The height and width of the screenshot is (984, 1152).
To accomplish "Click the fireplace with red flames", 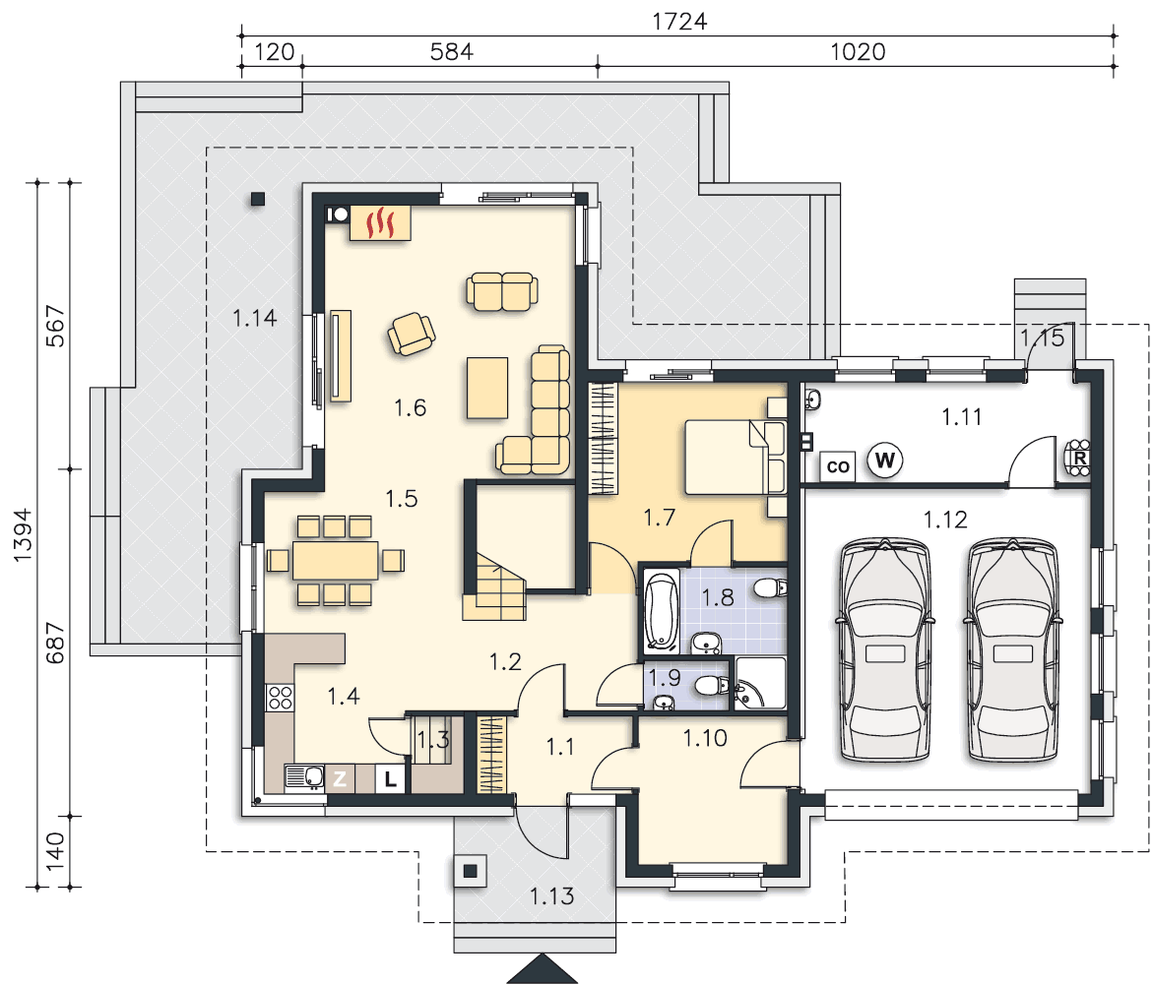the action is coord(379,222).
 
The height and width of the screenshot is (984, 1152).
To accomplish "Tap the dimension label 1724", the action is coord(679,22).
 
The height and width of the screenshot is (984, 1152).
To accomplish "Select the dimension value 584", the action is coord(451,51).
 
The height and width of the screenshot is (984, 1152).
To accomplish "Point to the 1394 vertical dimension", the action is coord(23,534).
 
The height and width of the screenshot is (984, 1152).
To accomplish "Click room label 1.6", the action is coord(410,407).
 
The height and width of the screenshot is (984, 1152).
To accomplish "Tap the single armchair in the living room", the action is coord(412,334).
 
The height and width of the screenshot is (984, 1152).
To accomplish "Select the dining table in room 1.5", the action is coord(335,560).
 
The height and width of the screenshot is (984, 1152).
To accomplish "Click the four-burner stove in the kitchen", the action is coord(280,697).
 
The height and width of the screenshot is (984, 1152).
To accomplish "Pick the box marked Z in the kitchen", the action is coord(340,778).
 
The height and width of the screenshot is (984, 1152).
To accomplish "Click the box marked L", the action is coord(390,778).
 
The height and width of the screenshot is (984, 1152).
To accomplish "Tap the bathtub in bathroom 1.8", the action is coord(662,612).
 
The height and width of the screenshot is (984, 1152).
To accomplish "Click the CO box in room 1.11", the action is coord(838,466).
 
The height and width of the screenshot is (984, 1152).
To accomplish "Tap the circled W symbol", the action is coord(884,461).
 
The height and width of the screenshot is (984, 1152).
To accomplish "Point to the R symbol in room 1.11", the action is coord(1078,458).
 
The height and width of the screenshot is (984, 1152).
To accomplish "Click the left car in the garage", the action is coord(884,649).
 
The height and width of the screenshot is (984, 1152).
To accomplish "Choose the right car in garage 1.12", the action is coord(1012,649).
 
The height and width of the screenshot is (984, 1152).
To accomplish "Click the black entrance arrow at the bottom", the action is coord(543,969).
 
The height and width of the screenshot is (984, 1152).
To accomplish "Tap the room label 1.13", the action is coord(551,895).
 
